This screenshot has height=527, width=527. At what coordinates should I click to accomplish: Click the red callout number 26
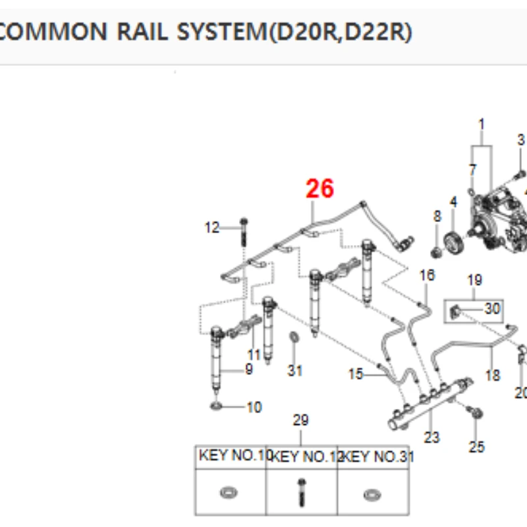319,188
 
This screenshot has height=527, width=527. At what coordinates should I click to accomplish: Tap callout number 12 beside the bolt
212,227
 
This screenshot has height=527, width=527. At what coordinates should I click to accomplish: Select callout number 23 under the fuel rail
431,437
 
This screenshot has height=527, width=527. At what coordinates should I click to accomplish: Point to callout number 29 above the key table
300,420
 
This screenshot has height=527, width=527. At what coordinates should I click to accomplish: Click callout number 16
427,275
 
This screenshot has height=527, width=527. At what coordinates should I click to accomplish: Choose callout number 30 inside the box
492,308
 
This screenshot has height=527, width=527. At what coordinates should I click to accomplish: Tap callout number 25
476,447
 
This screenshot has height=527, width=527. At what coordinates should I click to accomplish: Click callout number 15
356,374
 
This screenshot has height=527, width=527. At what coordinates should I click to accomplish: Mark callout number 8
437,216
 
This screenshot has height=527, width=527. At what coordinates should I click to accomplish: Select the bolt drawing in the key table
302,492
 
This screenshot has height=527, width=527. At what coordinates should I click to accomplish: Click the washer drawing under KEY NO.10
229,493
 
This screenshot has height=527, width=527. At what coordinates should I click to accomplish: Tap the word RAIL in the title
142,32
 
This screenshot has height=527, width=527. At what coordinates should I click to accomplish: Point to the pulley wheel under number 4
454,242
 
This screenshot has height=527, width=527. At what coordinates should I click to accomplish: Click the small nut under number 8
436,252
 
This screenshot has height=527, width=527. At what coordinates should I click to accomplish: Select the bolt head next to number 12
244,222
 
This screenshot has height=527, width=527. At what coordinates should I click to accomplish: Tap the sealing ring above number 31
294,337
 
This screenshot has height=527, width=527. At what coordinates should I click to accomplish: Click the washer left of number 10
217,406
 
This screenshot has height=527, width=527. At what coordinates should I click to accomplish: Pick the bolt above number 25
474,412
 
